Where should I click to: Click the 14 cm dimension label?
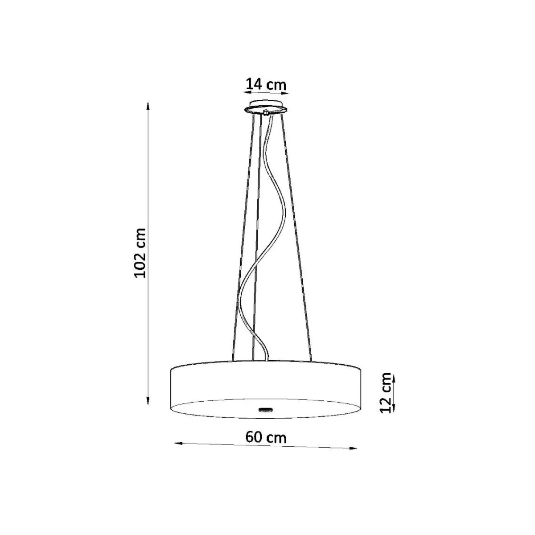pyautogui.click(x=266, y=84)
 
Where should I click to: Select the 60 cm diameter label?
pyautogui.click(x=266, y=437)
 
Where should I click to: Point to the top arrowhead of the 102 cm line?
pyautogui.click(x=148, y=106)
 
